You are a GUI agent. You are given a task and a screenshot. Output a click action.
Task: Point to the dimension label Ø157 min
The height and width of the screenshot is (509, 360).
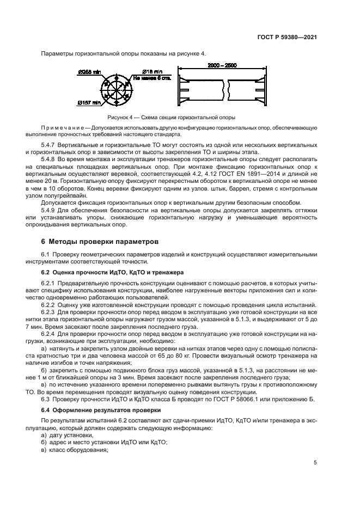pos(88,102)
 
